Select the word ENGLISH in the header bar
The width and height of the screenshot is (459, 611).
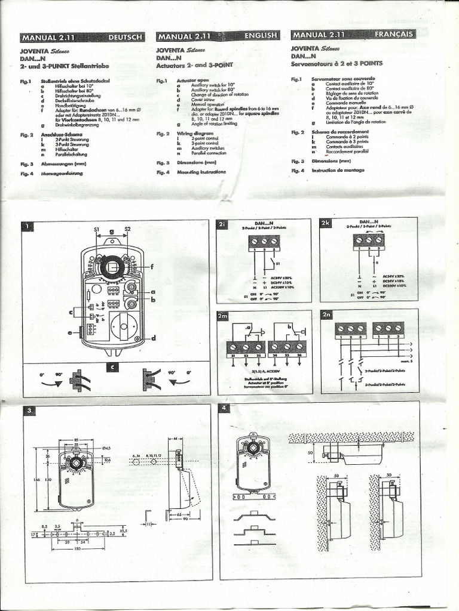(x=261, y=36)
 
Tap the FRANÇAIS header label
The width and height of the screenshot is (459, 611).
(x=394, y=34)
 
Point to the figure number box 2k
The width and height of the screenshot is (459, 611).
(x=326, y=224)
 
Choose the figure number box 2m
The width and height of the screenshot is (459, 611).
(x=223, y=315)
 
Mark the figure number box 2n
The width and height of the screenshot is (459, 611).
(x=327, y=314)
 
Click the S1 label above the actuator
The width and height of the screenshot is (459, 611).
(x=96, y=229)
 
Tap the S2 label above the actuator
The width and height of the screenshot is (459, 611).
(x=127, y=229)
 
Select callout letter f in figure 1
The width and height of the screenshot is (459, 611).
(x=152, y=267)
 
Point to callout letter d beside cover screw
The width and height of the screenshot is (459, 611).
(x=154, y=338)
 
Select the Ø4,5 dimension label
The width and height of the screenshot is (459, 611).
(x=106, y=448)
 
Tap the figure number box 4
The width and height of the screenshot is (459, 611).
(x=224, y=409)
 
